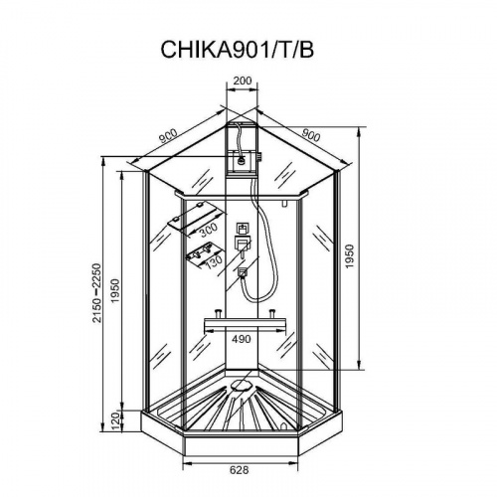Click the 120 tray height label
tap(115, 418)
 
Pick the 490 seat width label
tap(242, 339)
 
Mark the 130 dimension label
tap(210, 256)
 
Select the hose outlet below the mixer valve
tap(242, 267)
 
